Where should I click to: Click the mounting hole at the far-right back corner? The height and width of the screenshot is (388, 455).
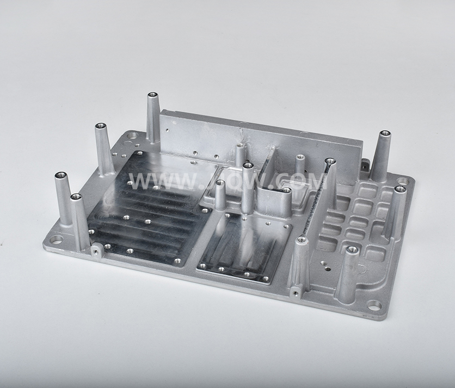[403, 181]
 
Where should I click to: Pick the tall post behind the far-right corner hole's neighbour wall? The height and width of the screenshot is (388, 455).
[382, 155]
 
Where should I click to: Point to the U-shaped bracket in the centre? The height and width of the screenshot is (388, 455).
[272, 188]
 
